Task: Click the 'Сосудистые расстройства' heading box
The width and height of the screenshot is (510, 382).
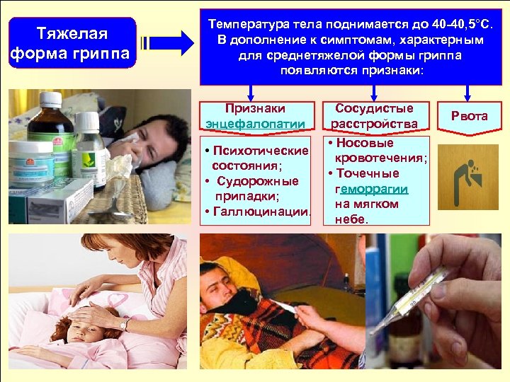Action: [374, 116]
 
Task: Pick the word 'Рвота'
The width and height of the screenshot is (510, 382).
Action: [469, 116]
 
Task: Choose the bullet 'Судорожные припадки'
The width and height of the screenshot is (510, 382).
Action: [256, 188]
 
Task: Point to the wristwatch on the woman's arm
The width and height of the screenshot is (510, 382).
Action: [125, 325]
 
